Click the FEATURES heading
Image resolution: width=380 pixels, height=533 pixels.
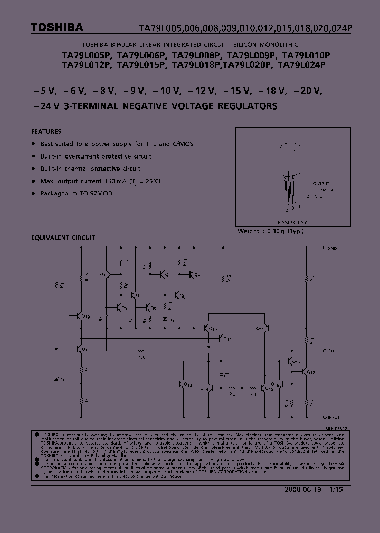tap(46, 132)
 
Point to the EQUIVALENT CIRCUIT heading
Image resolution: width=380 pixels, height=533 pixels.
tap(63, 238)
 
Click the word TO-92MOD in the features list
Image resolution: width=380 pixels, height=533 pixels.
tap(97, 193)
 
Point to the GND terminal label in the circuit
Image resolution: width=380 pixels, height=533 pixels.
tap(332, 248)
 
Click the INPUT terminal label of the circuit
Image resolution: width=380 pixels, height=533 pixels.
tap(335, 416)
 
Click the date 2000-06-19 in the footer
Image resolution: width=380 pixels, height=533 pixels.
tap(301, 489)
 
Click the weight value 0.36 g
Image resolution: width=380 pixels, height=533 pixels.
tap(275, 231)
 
